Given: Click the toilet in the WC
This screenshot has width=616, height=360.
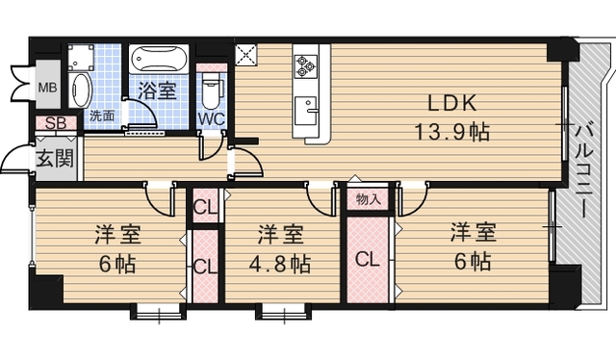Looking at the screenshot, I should pos(213,88).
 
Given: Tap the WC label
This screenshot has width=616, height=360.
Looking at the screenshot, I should pos(212,119).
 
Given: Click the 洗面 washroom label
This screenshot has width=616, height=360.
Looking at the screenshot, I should pos(101,116).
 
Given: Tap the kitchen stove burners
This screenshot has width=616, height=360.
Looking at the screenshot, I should pos(308,64).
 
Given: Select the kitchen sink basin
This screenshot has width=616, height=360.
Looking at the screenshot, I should pos(310,109).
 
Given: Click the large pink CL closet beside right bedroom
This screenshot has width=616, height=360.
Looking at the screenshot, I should pos(368,259).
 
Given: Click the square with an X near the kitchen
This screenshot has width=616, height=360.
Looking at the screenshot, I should pos(246,55).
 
